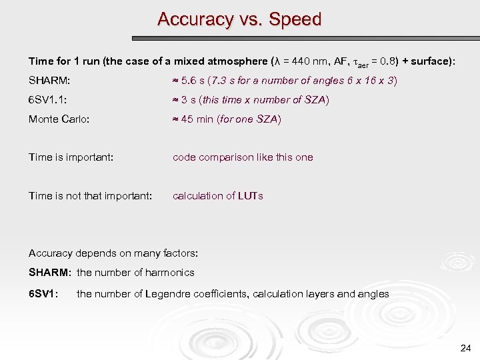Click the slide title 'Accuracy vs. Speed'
click(239, 19)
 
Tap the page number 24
click(465, 348)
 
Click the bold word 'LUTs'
click(252, 196)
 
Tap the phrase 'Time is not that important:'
click(91, 196)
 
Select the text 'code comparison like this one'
click(243, 157)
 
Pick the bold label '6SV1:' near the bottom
click(44, 294)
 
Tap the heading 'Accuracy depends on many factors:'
click(113, 253)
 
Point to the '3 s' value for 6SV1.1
click(189, 100)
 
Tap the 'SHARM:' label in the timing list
click(49, 81)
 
